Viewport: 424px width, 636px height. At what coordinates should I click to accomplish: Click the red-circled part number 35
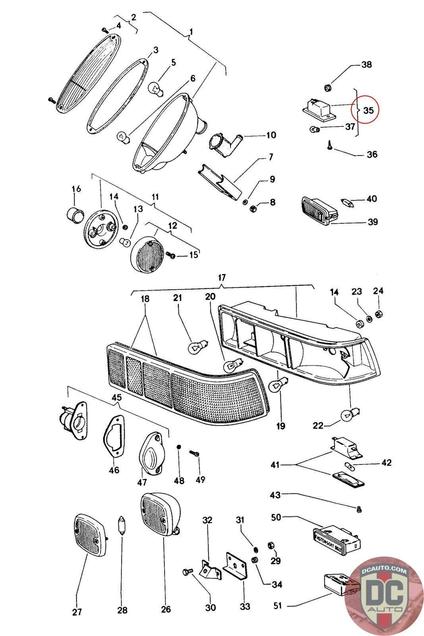point(368,110)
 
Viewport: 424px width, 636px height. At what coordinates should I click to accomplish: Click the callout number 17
point(222,277)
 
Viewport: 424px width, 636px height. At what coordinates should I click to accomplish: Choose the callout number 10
point(271,136)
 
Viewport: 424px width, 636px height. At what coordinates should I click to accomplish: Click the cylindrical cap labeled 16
point(75,215)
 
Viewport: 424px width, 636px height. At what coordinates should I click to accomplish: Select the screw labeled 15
point(171,255)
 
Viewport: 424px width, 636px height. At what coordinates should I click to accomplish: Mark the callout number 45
point(117,397)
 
